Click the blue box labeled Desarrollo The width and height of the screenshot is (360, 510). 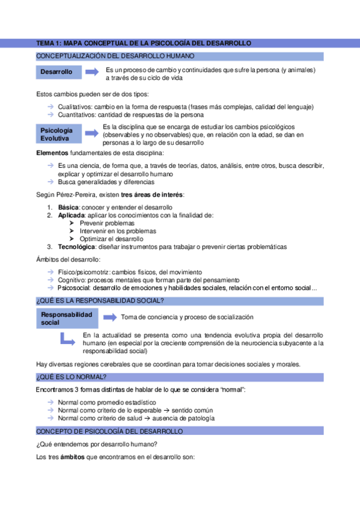[x=58, y=72]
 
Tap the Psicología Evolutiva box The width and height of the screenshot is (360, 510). [x=58, y=135]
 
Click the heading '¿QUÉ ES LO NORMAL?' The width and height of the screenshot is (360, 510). [x=72, y=377]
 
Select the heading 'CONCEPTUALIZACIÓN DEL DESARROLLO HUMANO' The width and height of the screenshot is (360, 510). [x=115, y=56]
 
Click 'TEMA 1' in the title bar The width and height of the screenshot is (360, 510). [x=49, y=43]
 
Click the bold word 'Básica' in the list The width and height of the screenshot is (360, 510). [x=69, y=207]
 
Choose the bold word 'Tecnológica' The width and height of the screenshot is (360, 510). [x=78, y=247]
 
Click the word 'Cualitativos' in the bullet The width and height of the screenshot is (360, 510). [x=76, y=106]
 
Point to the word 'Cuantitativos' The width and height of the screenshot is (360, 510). [x=79, y=114]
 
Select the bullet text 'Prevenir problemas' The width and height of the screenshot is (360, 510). [x=106, y=223]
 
